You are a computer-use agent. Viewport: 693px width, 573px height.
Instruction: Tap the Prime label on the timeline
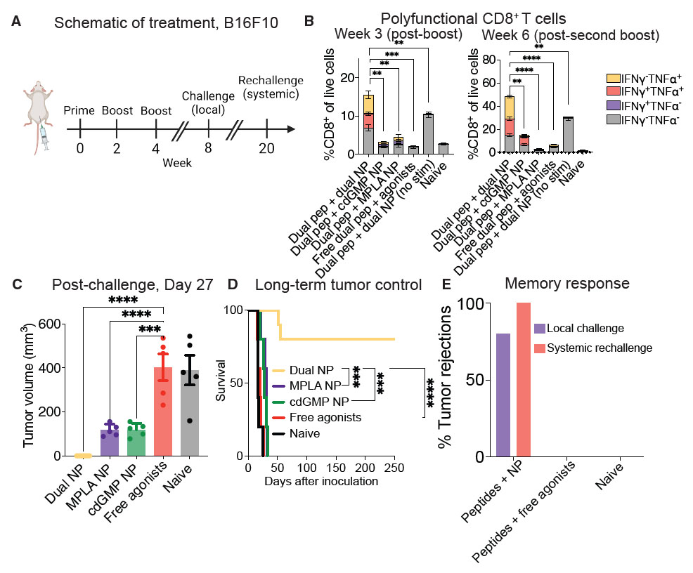[x=79, y=111]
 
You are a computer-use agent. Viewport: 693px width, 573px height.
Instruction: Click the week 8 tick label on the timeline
[x=209, y=147]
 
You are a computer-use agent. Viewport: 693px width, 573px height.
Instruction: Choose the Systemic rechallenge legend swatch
[x=540, y=347]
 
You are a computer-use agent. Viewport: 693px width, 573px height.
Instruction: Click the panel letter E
[x=465, y=284]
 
